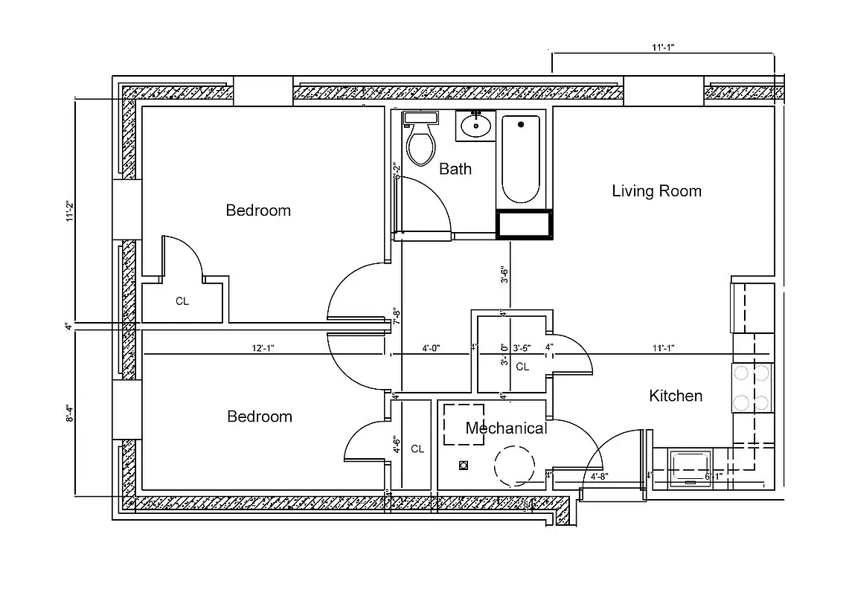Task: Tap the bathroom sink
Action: point(474,126)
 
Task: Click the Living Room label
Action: point(656,191)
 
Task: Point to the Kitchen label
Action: point(676,396)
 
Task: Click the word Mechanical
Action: point(506,428)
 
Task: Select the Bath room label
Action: point(455,169)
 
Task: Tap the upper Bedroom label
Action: point(258,210)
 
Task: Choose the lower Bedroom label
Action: point(259,416)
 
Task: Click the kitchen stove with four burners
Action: point(752,388)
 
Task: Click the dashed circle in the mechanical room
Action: point(513,466)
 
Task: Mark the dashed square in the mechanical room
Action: point(464,425)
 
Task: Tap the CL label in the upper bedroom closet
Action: point(182,301)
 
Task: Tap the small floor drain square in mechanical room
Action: point(464,466)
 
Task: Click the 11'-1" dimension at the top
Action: point(663,47)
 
